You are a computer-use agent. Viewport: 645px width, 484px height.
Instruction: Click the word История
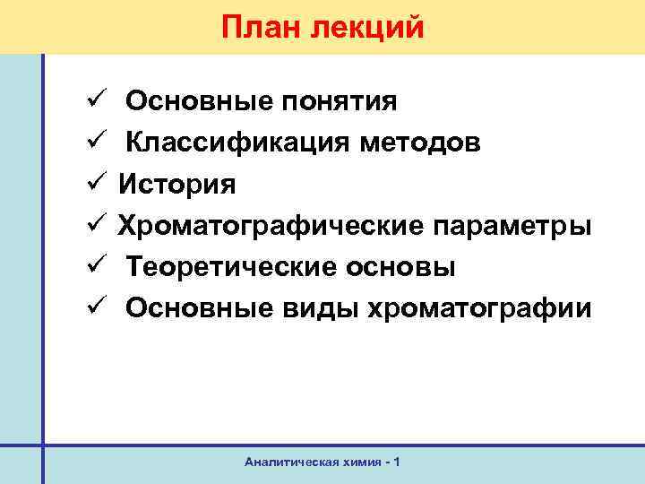point(177,185)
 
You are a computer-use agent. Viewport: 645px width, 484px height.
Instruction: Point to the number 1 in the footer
point(396,462)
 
